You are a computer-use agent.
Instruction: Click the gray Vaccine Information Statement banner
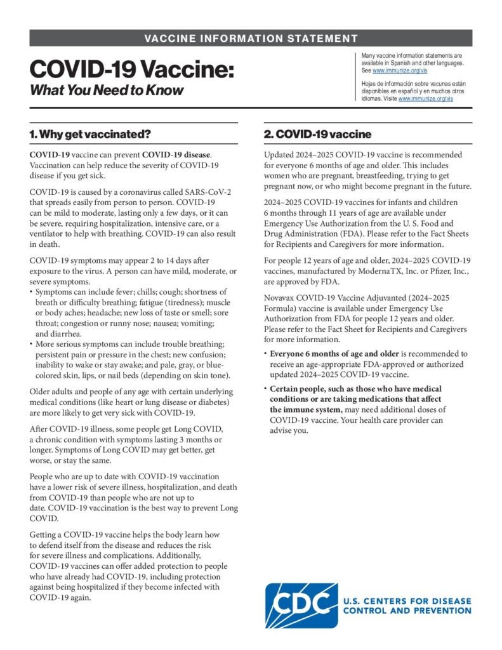point(251,38)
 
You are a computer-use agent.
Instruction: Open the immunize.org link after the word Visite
point(426,99)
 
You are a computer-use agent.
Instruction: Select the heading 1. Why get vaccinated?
point(90,135)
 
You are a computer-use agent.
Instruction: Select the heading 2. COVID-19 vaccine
point(317,135)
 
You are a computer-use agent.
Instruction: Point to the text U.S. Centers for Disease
point(407,600)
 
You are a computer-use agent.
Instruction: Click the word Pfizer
point(433,272)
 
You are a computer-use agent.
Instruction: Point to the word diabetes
point(201,402)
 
